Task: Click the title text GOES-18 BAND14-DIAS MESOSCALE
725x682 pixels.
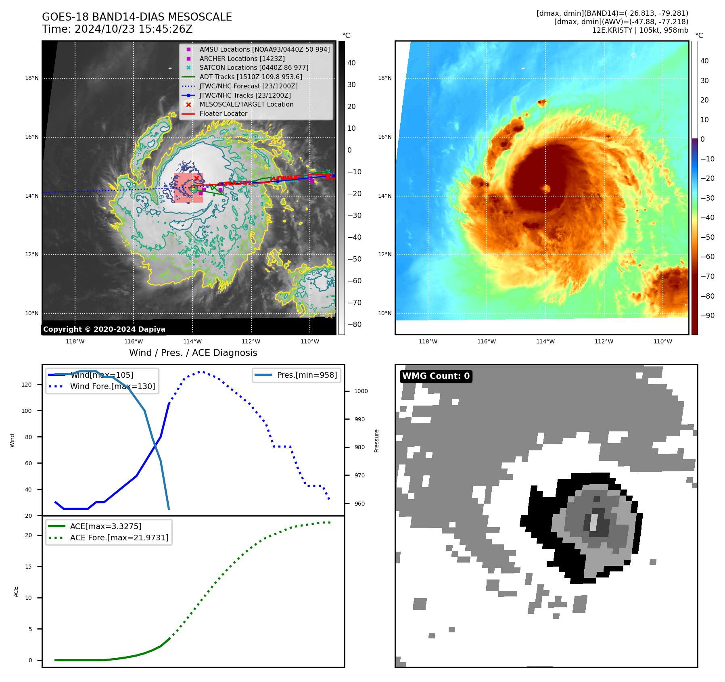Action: [137, 17]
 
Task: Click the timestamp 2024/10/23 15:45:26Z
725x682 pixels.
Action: [134, 29]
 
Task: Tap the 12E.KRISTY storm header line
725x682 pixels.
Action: [640, 30]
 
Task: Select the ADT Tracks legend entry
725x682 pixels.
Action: [251, 77]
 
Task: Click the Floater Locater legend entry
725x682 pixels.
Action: [223, 113]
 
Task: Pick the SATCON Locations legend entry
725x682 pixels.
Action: [254, 67]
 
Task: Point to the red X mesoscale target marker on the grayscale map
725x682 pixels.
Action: [196, 178]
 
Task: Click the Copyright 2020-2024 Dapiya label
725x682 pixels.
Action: [104, 329]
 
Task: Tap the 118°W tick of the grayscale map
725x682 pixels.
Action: [75, 341]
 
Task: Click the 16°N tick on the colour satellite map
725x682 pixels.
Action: [384, 137]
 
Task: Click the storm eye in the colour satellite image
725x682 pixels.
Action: [547, 188]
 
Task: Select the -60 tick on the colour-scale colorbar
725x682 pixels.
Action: [707, 257]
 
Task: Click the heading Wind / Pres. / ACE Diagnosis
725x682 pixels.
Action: [193, 353]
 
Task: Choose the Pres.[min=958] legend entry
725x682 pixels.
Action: [307, 375]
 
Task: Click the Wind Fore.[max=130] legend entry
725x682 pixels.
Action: [112, 386]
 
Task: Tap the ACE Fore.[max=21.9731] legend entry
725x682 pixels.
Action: [119, 538]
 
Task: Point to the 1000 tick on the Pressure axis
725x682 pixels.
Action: [361, 391]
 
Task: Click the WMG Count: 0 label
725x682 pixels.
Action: [436, 376]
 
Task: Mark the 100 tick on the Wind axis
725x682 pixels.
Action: [27, 411]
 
